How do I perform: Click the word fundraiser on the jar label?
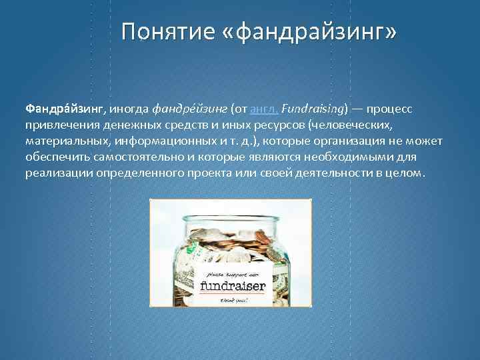(x=233, y=287)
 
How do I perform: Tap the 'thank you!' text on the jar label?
(x=233, y=300)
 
